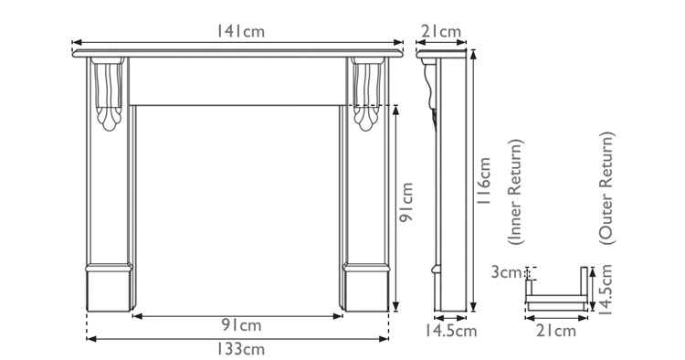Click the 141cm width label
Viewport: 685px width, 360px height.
coord(240,31)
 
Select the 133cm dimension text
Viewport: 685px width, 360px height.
coord(240,348)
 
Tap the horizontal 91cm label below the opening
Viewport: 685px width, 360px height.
coord(240,325)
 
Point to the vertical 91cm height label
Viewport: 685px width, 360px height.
coord(408,206)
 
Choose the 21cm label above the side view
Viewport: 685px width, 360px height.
coord(441,32)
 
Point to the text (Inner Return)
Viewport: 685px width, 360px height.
coord(516,194)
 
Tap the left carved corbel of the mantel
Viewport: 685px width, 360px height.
coord(110,93)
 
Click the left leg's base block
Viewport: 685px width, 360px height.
coord(110,289)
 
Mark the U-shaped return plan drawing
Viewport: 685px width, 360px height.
coord(556,292)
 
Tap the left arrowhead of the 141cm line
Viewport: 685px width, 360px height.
coord(77,42)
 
